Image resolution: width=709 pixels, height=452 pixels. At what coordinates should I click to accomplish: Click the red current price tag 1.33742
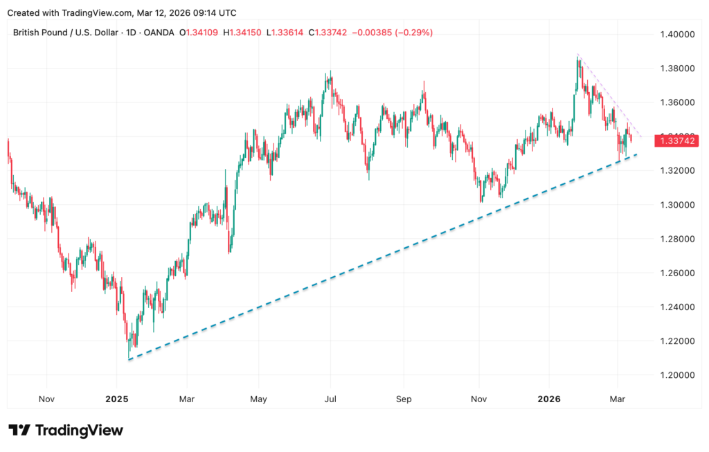tap(675, 141)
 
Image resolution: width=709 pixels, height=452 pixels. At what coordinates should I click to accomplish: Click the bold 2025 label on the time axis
tap(117, 399)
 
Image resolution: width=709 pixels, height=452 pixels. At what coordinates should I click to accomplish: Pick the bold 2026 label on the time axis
tap(549, 399)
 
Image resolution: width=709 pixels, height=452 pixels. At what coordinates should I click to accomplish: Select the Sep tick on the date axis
tap(404, 399)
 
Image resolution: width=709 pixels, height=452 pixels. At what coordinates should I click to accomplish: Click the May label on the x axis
tap(258, 399)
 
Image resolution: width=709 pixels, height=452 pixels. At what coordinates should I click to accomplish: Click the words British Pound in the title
tap(42, 32)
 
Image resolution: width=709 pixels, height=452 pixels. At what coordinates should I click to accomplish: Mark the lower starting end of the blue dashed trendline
tap(129, 359)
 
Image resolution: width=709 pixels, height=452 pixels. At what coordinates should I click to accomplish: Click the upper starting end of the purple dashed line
tap(577, 54)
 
